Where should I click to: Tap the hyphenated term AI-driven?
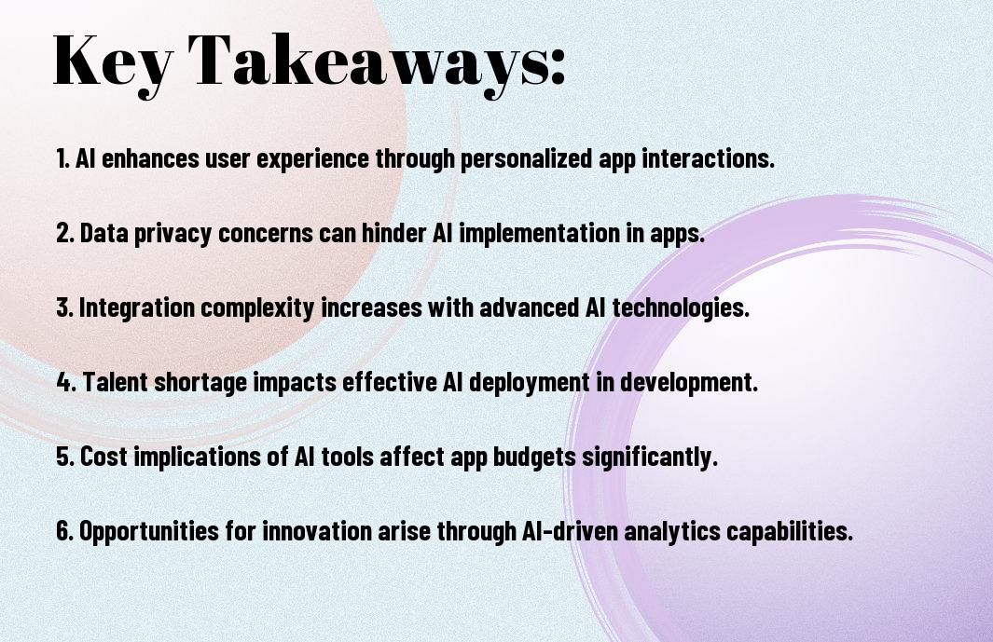click(571, 530)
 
